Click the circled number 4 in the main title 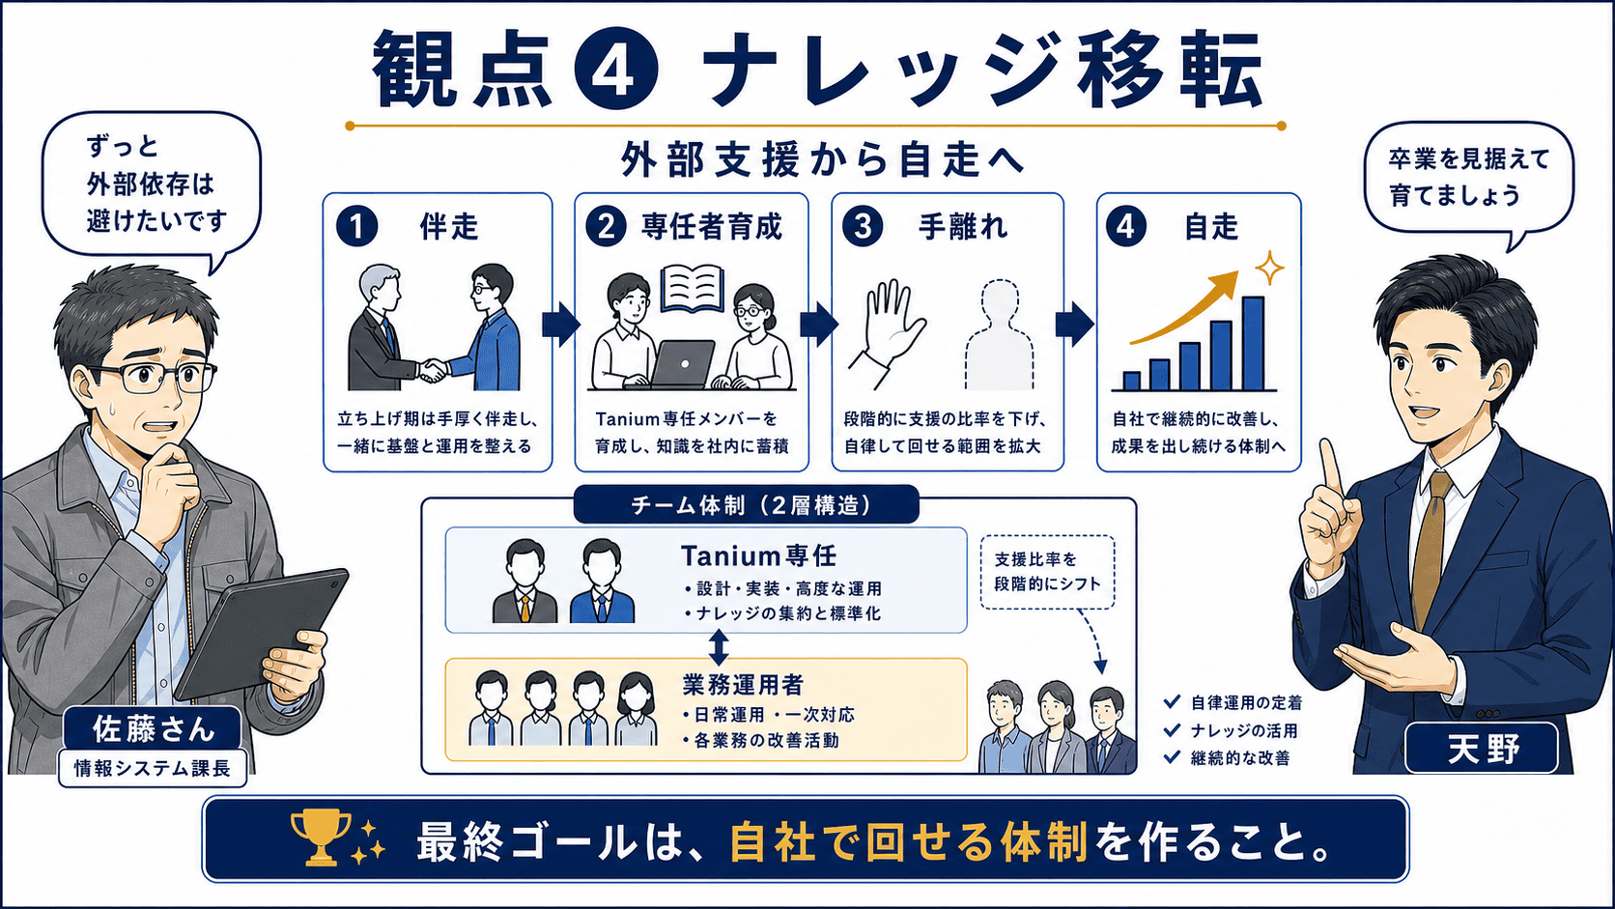(x=615, y=70)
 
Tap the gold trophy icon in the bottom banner (x=320, y=837)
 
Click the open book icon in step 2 (x=693, y=288)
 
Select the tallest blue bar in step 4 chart (x=1253, y=343)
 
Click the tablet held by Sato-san (x=261, y=633)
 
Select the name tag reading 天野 (x=1482, y=749)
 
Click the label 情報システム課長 (x=153, y=768)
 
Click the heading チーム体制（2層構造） (x=747, y=505)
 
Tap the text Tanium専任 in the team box (x=758, y=555)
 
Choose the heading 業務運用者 (x=743, y=685)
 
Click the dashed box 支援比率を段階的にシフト (x=1048, y=572)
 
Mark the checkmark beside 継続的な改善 (x=1172, y=757)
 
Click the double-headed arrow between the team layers (x=719, y=646)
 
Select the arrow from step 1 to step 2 (x=561, y=325)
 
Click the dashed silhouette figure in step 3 (x=1000, y=335)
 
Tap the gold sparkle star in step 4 (x=1269, y=269)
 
